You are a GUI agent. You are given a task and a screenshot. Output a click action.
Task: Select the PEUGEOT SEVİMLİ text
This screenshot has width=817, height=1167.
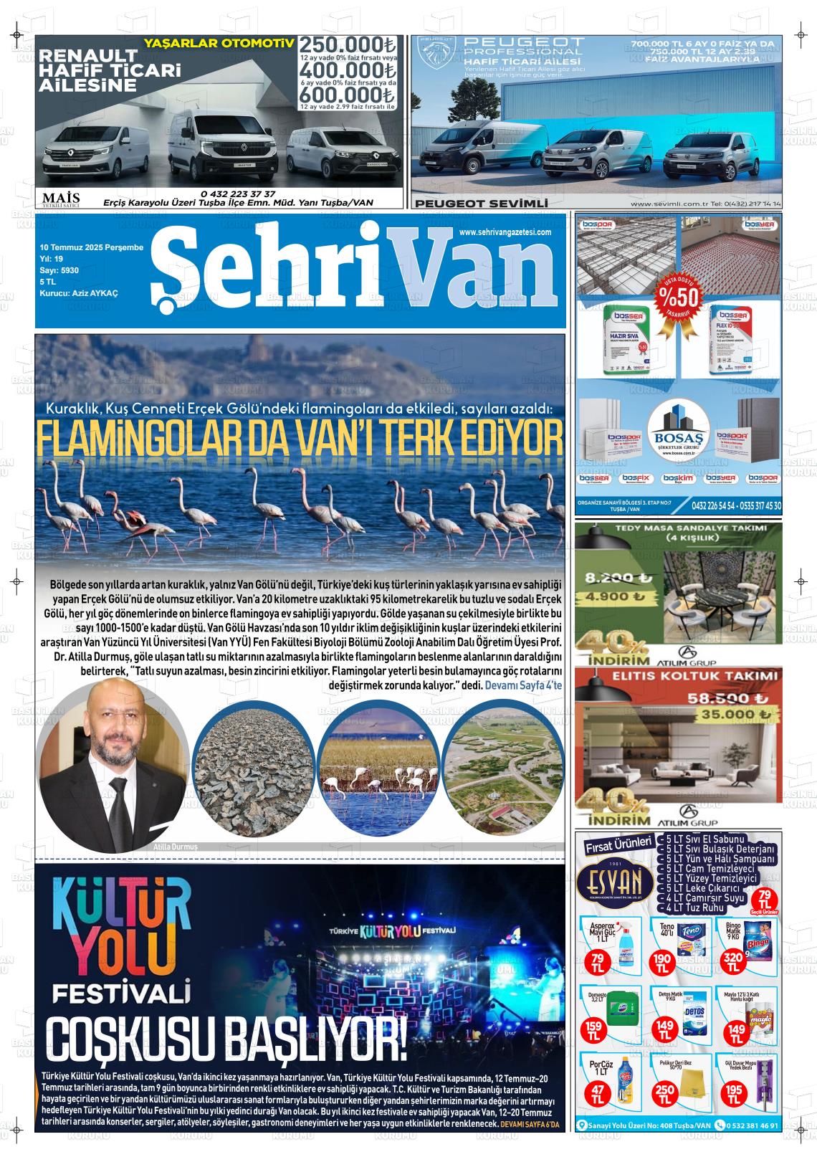[481, 204]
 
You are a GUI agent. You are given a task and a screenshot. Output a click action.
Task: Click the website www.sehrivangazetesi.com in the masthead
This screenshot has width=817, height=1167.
[505, 232]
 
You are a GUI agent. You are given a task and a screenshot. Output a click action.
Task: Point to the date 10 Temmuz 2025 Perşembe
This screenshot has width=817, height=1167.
[91, 247]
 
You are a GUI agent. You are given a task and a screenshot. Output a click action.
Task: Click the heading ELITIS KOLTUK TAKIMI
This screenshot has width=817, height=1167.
[694, 675]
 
